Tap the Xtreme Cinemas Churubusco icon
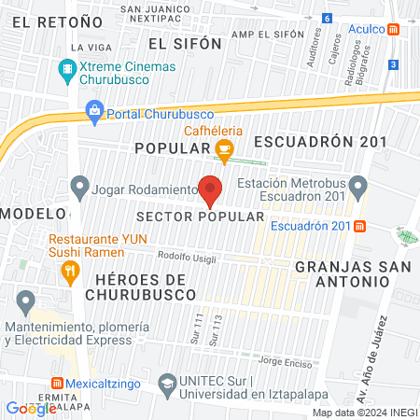67,69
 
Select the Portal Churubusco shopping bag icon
94,113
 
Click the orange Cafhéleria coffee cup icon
224,147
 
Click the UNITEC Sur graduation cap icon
167,382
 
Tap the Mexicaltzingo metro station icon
58,383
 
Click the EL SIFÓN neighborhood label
186,43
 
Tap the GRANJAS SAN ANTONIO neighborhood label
341,273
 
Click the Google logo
31,408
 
